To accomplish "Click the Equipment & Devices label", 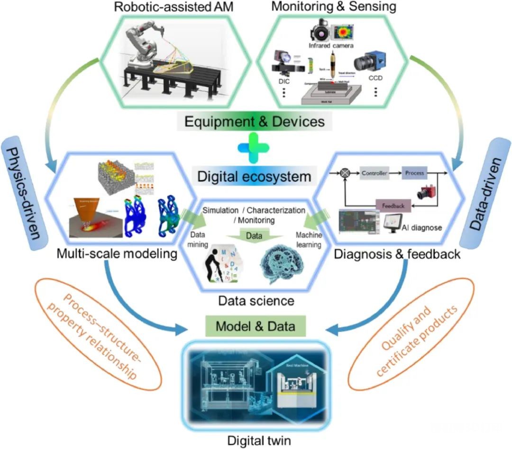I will tap(255, 122).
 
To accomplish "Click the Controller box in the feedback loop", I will tap(374, 174).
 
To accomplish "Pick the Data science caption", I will tap(256, 300).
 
